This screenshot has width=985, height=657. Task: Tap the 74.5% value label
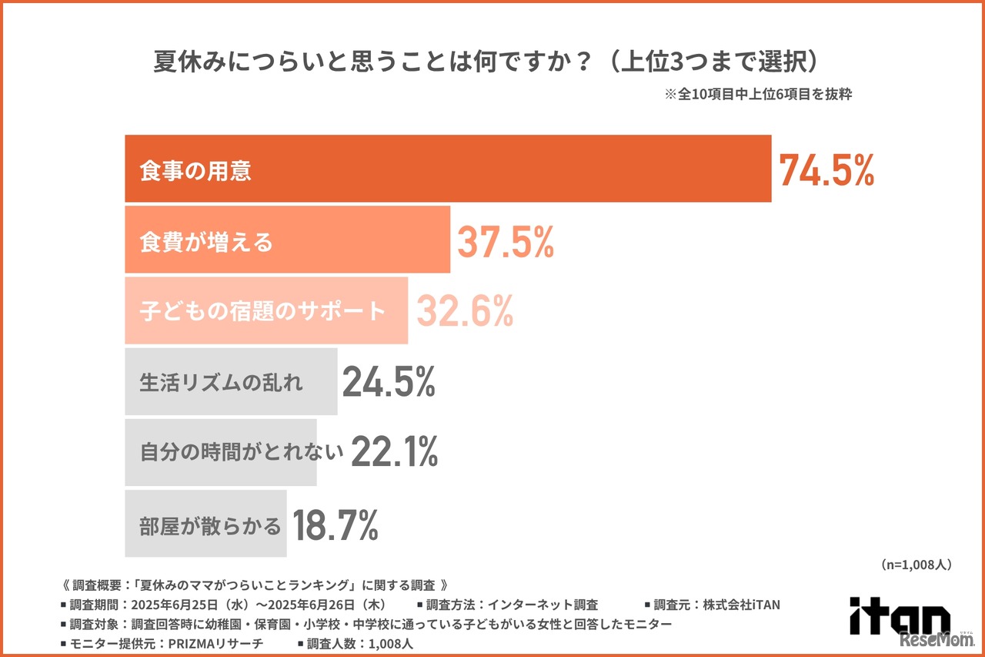coord(826,170)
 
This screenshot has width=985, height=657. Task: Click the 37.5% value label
coord(506,242)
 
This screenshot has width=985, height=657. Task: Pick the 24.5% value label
coord(389,381)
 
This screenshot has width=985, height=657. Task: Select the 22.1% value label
coord(394,452)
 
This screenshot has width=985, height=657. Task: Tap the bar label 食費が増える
coord(206,243)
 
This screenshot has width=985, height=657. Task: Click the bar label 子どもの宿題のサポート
coord(262,311)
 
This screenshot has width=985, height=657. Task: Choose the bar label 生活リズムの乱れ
coord(222,382)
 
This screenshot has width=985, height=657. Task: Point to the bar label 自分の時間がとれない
coord(241,453)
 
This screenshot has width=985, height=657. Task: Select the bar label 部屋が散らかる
coord(210,526)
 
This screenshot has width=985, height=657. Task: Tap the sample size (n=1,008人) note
coord(916,565)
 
